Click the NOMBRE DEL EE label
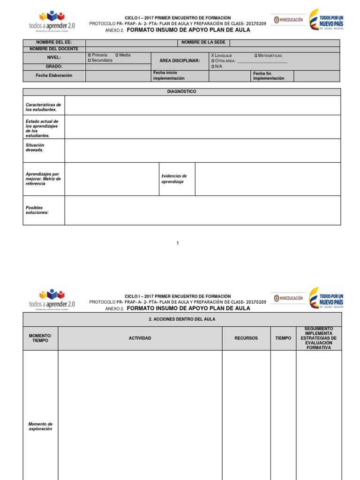[54, 43]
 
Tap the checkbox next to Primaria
[89, 55]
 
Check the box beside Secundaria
[89, 60]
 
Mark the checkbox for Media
[117, 55]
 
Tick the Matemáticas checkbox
[256, 56]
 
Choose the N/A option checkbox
[213, 67]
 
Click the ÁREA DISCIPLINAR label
[180, 61]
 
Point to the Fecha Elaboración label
[54, 75]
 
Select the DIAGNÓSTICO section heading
[181, 92]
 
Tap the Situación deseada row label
[35, 148]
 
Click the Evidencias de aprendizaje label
[174, 179]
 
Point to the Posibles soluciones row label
[37, 210]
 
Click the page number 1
[178, 243]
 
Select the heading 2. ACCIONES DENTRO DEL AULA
[182, 319]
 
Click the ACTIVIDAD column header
[140, 338]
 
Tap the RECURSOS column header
[246, 338]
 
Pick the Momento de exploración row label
[40, 427]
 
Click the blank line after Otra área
[262, 61]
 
